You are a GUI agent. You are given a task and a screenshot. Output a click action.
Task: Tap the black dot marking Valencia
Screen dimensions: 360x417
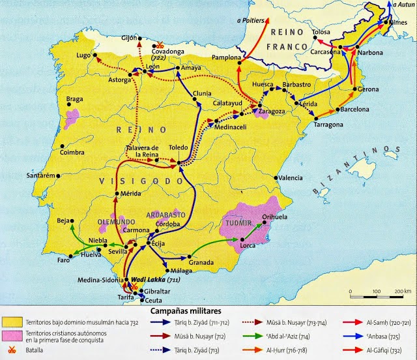[x=278, y=177]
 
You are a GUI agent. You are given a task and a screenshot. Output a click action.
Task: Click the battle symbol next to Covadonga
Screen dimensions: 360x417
[x=160, y=45]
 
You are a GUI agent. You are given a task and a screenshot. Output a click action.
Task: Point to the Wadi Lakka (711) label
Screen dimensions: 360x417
[x=156, y=279]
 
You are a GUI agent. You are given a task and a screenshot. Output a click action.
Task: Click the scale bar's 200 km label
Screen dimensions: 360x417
[x=400, y=290]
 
